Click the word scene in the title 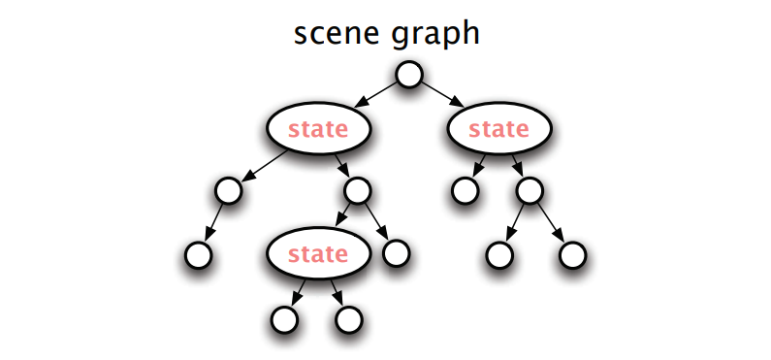pos(337,33)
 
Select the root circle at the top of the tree pos(409,75)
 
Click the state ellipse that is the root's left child pos(318,128)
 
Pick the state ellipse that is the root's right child pos(499,128)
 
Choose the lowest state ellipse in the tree pos(318,253)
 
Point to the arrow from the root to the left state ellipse pos(376,94)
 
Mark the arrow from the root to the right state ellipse pos(442,94)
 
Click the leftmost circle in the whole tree pos(198,255)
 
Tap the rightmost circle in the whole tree pos(572,255)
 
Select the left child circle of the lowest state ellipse pos(284,319)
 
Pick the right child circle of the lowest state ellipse pos(348,319)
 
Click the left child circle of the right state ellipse pos(465,190)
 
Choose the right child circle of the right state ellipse pos(530,190)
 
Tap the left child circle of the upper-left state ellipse pos(228,190)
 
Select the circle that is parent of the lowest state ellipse pos(358,190)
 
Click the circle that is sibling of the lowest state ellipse pos(396,253)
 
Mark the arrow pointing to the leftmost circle pos(213,223)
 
